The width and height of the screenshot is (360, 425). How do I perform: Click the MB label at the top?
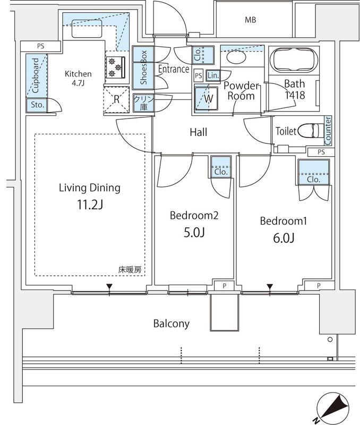pos(250,20)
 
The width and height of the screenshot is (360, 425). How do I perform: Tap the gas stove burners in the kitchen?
pos(115,67)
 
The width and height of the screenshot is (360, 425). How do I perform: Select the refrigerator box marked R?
pos(116,99)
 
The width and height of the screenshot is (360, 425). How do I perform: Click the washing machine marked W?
pos(207,99)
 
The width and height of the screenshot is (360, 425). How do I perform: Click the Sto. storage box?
pos(36,105)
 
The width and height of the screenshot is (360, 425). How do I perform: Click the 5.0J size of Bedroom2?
pos(194,234)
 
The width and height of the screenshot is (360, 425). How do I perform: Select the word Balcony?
pos(171,324)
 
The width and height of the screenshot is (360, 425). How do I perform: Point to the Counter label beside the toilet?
pos(328,130)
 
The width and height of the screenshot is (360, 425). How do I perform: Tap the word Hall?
pos(198,132)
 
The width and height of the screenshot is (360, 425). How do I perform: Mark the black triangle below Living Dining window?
pos(109,288)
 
